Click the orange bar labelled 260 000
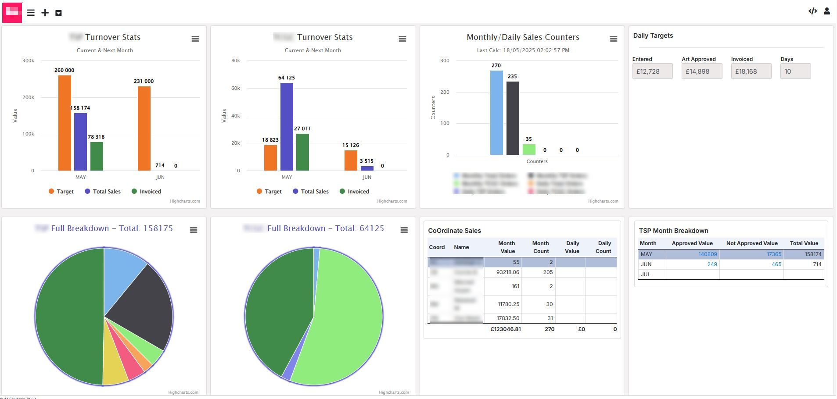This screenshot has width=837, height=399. pos(65,123)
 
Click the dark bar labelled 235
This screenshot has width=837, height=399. pos(513,118)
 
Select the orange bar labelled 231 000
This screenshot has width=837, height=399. pos(144,128)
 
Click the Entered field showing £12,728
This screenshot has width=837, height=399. pos(652,71)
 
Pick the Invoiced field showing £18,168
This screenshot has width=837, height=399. pos(751,71)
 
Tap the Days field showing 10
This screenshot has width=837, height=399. pos(795,71)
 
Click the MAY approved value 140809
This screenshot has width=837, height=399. pos(708,254)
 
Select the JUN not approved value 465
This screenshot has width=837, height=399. pos(776,264)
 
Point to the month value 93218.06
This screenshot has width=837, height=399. pos(508,272)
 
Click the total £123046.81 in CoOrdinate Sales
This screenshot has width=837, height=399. pos(506,329)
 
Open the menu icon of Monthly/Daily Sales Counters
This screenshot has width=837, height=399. pos(614,39)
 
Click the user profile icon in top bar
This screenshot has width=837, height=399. pos(827,11)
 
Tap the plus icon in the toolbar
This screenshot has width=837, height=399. pos(45,13)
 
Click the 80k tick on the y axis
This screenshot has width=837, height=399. pos(236,61)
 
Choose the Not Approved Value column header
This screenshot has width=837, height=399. pos(751,243)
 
